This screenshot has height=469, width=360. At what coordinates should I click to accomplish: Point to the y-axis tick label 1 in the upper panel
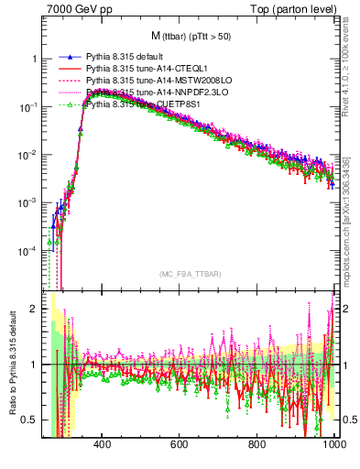point(33,59)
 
